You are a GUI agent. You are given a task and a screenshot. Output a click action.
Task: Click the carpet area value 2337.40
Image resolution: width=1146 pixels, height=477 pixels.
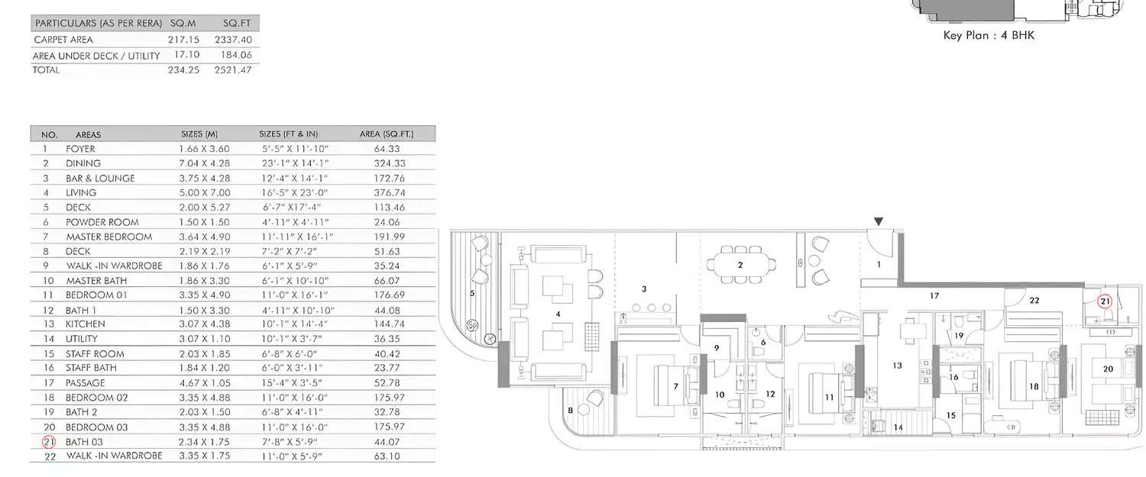pos(235,40)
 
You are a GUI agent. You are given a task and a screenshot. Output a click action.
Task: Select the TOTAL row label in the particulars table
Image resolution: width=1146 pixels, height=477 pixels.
pos(46,69)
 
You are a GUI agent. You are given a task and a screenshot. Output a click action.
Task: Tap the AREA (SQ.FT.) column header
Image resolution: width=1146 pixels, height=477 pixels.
pos(386,134)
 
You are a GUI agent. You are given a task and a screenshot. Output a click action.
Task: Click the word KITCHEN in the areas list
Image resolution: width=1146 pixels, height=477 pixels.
pos(85,324)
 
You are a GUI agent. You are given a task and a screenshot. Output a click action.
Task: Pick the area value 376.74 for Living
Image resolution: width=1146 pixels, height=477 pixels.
pos(386,193)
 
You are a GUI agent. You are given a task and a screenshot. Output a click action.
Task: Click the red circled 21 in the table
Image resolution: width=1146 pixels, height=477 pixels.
pos(49,442)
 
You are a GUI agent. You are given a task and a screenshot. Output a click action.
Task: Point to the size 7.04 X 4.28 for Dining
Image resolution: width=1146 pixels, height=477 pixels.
pos(204,163)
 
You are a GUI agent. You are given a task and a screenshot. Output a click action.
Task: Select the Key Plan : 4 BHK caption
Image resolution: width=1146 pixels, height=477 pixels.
pos(989,35)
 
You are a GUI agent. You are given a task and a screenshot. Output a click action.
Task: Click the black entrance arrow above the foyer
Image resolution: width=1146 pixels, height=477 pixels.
pos(879,222)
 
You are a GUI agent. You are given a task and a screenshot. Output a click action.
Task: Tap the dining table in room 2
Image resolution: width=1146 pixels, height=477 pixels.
pos(740,265)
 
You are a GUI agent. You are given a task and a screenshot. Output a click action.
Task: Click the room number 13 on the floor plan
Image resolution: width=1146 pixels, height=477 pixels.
pos(897,366)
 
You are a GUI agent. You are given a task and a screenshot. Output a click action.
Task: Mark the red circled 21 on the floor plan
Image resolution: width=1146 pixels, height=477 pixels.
pos(1104,301)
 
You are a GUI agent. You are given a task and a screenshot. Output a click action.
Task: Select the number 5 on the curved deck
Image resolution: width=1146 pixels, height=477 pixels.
pos(472,292)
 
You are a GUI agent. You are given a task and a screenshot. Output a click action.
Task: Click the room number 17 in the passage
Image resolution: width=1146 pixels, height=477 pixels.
pos(934,295)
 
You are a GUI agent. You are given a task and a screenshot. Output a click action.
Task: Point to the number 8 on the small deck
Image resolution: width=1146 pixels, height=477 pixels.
pos(570,411)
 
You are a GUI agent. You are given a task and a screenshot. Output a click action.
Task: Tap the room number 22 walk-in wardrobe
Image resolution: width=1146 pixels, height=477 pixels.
pos(1034,301)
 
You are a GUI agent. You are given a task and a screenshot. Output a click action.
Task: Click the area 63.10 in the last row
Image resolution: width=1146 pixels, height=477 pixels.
pos(386,456)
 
